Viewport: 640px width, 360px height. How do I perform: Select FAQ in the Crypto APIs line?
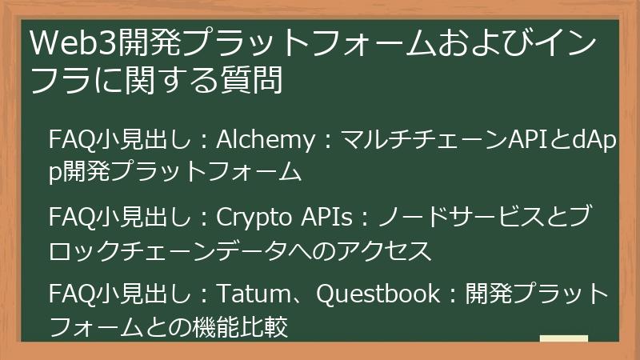(70, 218)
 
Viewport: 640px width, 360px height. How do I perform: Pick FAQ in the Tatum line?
(70, 294)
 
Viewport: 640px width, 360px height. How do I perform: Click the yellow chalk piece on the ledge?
(563, 339)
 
